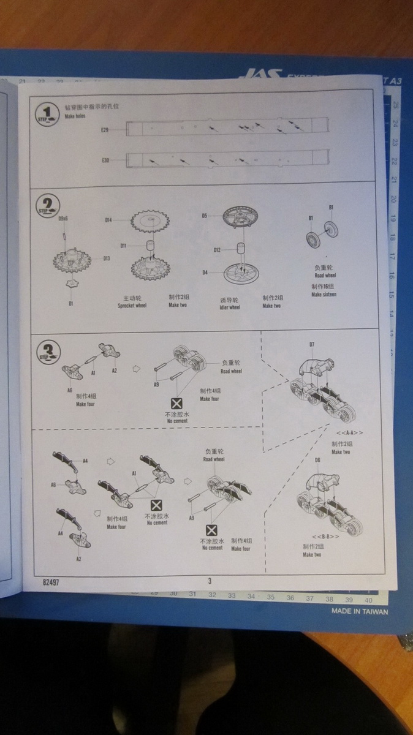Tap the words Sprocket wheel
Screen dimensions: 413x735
132,304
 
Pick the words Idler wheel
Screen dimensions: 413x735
230,306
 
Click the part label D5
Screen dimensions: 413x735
205,215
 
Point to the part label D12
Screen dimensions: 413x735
216,250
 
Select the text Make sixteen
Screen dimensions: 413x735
324,295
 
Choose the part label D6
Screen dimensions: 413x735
317,459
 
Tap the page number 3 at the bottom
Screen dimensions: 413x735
209,581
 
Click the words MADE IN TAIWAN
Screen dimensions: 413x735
360,611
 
